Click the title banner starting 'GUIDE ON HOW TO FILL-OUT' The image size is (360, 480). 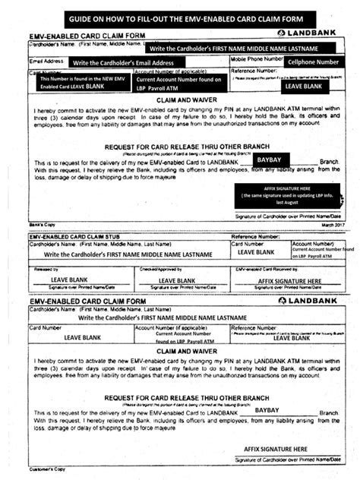[x=180, y=16]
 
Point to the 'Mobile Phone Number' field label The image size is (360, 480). [x=257, y=58]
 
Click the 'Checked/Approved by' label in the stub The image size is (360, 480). [x=166, y=270]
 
